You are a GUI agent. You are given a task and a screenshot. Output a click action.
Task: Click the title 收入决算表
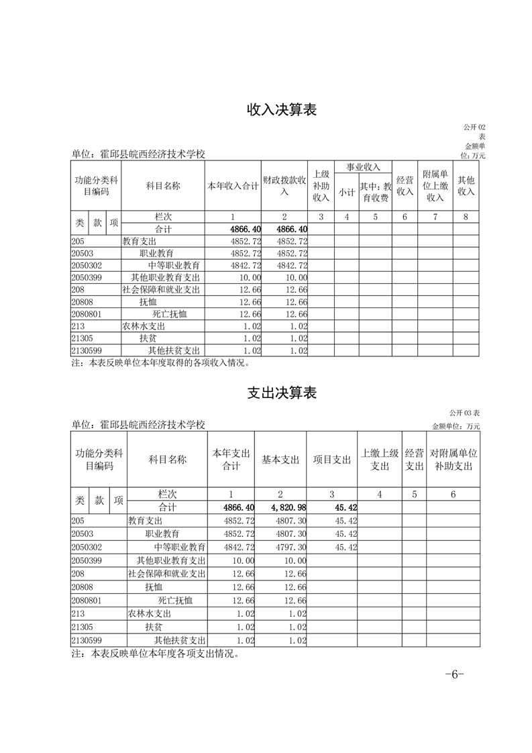(282, 110)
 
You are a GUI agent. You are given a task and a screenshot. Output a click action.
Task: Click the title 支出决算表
(282, 393)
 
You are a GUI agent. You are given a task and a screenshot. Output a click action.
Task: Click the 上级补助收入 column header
(321, 186)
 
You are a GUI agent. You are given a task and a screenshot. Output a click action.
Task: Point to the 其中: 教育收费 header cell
(375, 192)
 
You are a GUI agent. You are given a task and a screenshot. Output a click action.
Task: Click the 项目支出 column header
(332, 460)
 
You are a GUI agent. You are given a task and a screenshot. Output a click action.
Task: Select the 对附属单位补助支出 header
(453, 460)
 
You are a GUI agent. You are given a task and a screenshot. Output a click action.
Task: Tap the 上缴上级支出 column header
(380, 460)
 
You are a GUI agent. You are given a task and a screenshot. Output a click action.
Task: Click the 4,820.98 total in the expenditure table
(282, 507)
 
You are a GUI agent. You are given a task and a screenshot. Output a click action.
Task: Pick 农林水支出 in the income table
(144, 326)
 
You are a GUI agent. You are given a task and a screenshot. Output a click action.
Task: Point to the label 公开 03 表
(463, 413)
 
